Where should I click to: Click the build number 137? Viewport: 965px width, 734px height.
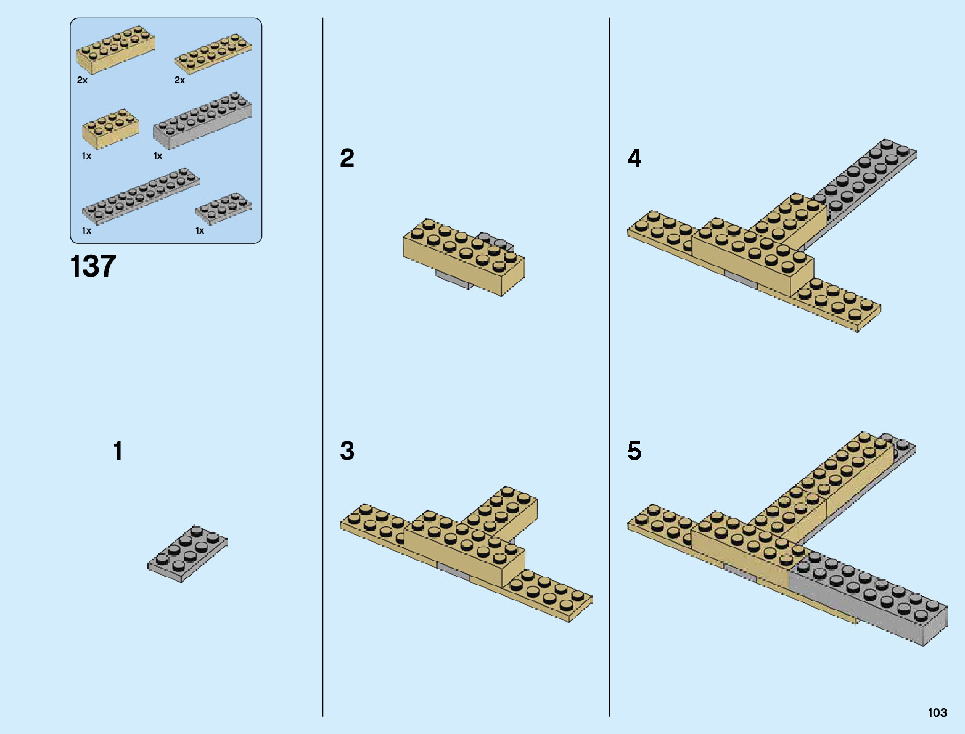pyautogui.click(x=93, y=266)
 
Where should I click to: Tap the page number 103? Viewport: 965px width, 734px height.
pyautogui.click(x=937, y=712)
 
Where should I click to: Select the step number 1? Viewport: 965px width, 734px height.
pyautogui.click(x=118, y=451)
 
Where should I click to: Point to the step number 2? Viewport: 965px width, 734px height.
pyautogui.click(x=347, y=158)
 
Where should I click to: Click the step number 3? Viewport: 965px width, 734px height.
pyautogui.click(x=347, y=451)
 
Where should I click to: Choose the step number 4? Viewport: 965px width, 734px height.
pyautogui.click(x=634, y=158)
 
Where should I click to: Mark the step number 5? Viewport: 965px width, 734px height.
pyautogui.click(x=634, y=451)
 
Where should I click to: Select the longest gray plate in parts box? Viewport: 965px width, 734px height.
pyautogui.click(x=141, y=195)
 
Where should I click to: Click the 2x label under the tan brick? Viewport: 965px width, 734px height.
pyautogui.click(x=83, y=80)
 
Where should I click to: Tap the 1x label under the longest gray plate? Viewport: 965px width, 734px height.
pyautogui.click(x=86, y=230)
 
